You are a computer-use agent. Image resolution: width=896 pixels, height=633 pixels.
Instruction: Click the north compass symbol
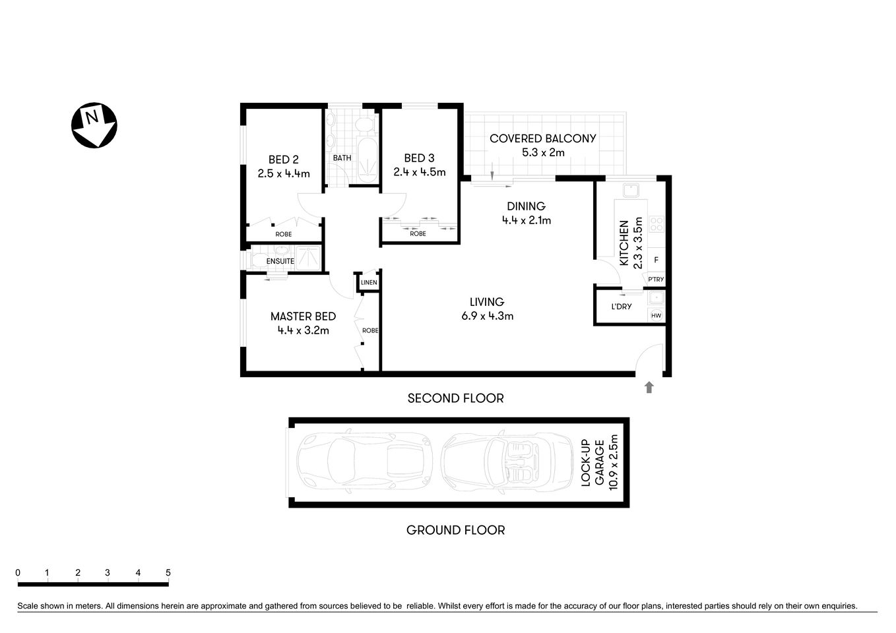[x=94, y=125]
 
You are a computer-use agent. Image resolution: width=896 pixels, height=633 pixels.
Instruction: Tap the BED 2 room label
[x=283, y=160]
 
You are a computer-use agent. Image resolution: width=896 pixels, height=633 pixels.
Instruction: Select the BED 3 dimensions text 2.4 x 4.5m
[x=419, y=173]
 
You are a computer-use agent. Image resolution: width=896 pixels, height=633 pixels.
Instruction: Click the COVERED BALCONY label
[x=542, y=138]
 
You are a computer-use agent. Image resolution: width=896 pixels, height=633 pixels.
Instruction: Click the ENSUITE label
[x=280, y=262]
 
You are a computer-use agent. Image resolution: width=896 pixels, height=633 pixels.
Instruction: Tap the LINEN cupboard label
[x=369, y=283]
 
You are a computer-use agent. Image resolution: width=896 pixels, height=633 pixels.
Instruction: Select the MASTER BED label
[x=303, y=316]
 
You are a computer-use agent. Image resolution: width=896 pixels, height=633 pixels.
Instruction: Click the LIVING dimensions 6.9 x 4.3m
[x=487, y=316]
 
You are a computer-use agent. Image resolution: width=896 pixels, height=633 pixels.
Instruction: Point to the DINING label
[x=526, y=206]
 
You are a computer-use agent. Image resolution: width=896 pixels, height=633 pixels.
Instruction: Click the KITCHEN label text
[x=624, y=243]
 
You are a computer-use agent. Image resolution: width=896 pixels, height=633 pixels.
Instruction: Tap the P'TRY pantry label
[x=655, y=280]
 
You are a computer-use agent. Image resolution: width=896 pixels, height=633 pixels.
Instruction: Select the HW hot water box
[x=656, y=316]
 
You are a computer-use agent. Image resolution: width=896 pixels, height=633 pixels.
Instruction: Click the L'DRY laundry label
[x=621, y=307]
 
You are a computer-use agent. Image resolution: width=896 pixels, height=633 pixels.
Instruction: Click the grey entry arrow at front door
[x=649, y=388]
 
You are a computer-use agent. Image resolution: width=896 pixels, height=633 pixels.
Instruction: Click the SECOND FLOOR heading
[x=455, y=398]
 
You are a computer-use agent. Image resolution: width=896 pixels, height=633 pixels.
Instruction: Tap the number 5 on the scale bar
[x=168, y=573]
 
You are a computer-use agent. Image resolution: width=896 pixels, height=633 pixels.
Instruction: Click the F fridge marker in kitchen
[x=656, y=260]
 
